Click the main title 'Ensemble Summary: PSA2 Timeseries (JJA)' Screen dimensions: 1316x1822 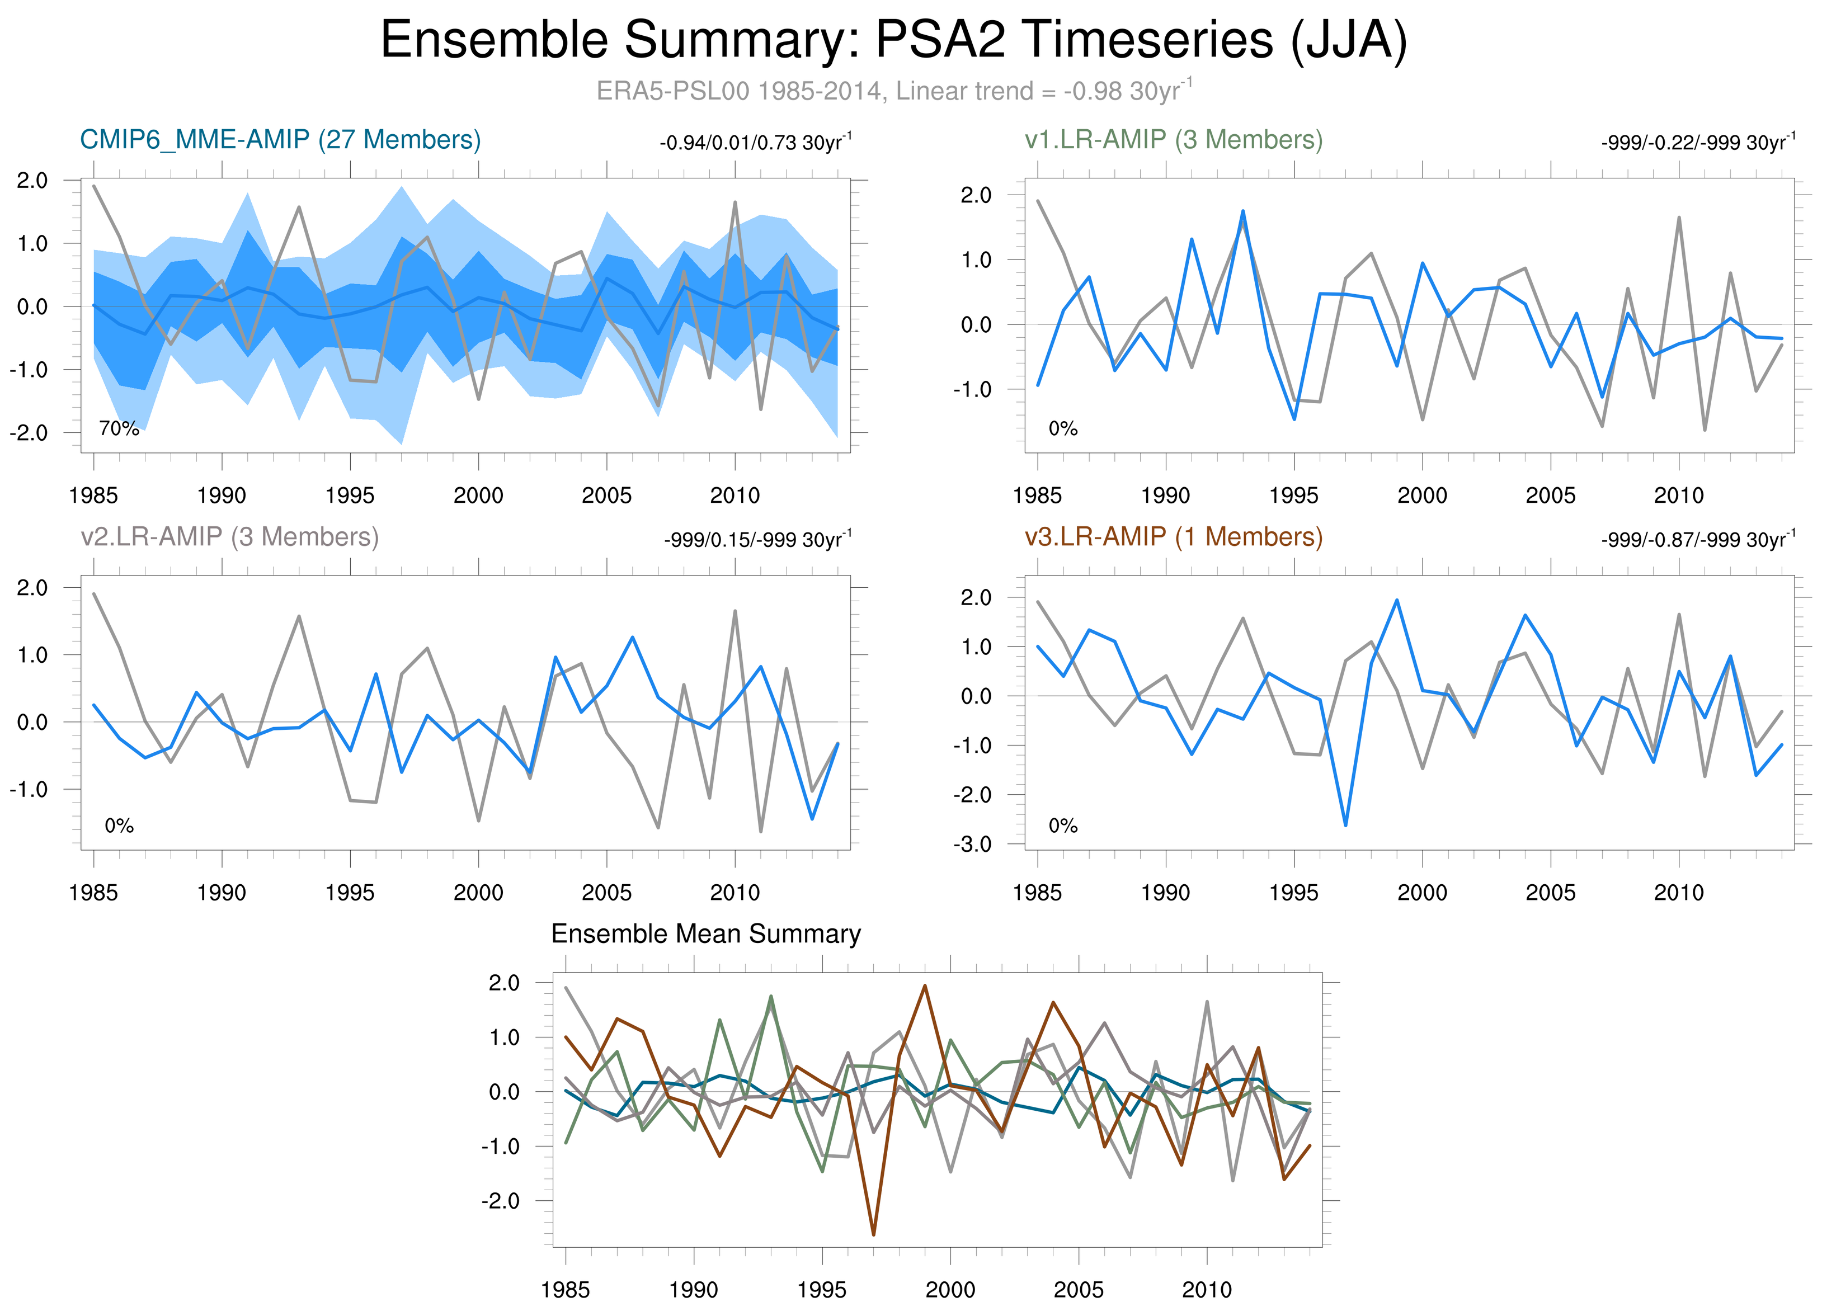(x=893, y=40)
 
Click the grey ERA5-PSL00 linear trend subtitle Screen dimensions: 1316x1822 (x=893, y=91)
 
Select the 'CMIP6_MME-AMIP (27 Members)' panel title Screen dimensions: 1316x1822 (x=280, y=140)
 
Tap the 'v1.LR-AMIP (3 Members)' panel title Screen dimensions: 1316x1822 (x=1173, y=140)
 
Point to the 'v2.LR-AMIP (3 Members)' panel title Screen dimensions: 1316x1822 (x=230, y=536)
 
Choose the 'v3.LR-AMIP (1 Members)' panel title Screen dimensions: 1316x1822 (x=1173, y=536)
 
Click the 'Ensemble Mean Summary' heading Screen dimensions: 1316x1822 (x=705, y=934)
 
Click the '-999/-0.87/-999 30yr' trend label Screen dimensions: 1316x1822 (x=1697, y=540)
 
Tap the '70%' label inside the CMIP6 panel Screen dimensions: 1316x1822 (x=119, y=429)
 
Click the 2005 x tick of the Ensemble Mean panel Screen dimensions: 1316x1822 (x=1078, y=1290)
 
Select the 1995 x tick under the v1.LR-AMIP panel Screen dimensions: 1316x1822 (x=1293, y=496)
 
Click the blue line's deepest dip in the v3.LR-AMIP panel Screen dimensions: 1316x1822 (x=1345, y=824)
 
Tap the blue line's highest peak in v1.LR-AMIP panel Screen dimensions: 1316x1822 (x=1243, y=211)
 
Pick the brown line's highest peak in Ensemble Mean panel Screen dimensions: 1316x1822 (x=925, y=985)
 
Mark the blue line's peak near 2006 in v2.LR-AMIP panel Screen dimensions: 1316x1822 (x=632, y=638)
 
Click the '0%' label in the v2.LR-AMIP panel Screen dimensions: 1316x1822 (x=119, y=826)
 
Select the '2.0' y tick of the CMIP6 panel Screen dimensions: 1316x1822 (x=32, y=181)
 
